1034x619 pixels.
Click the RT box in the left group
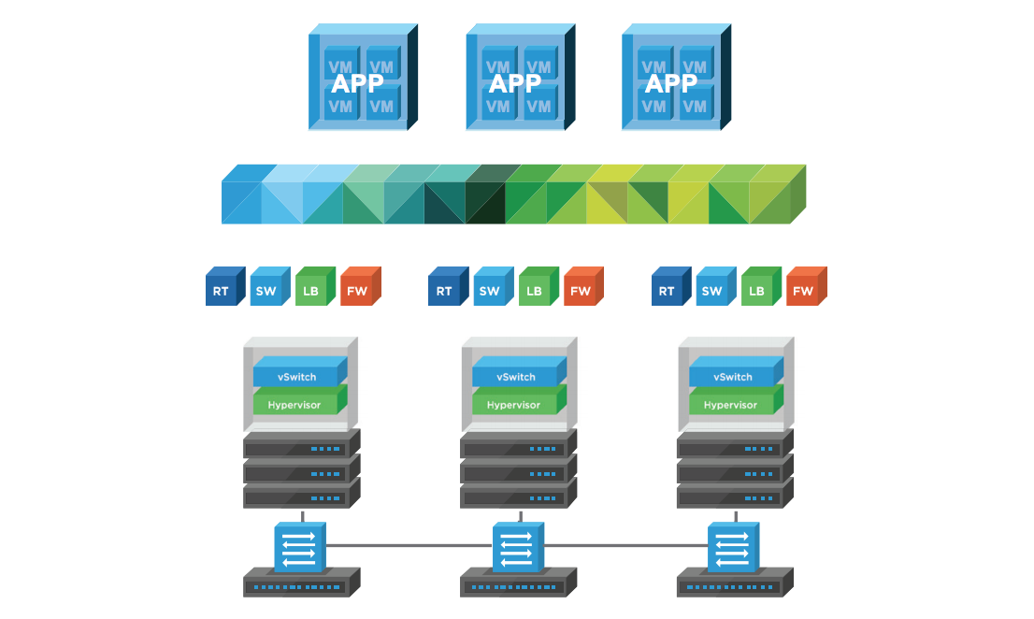click(222, 290)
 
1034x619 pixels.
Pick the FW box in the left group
click(357, 290)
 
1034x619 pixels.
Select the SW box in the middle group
click(489, 290)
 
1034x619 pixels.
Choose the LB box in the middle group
click(534, 290)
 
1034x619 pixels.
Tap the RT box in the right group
click(668, 290)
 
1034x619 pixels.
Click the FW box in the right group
click(803, 290)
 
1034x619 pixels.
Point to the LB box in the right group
click(757, 290)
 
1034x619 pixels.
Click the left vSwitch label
click(296, 377)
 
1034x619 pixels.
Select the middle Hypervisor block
click(513, 405)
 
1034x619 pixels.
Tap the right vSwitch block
click(733, 377)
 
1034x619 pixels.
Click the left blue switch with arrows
click(299, 547)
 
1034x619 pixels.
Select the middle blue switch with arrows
click(516, 547)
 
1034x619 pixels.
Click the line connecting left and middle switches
click(409, 545)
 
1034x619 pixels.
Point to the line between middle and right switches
click(625, 545)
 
